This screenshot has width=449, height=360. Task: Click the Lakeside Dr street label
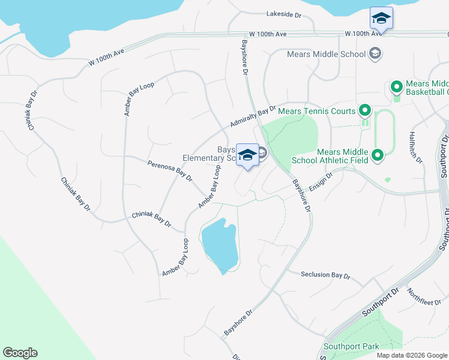click(283, 13)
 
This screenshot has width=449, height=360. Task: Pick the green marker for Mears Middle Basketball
click(396, 88)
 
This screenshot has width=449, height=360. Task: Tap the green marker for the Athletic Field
click(377, 156)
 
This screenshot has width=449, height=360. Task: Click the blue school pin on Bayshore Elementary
click(247, 155)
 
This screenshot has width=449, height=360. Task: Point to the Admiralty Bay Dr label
click(253, 117)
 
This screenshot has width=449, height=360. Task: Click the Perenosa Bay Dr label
click(170, 170)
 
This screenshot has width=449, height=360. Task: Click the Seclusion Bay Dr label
click(325, 274)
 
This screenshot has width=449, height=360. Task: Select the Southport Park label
click(351, 346)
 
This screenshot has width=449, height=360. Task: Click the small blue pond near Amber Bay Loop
click(220, 246)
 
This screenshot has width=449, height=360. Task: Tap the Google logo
click(20, 353)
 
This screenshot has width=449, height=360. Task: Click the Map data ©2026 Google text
click(412, 355)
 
